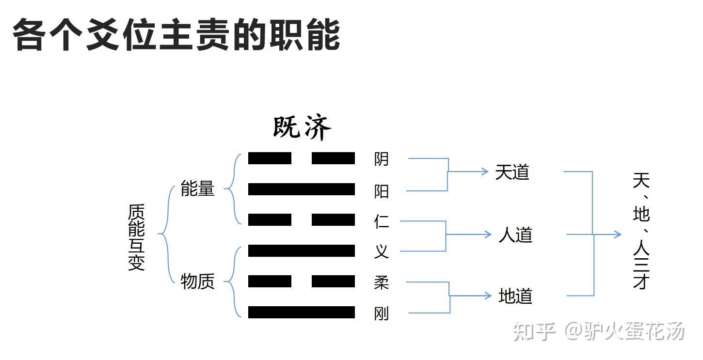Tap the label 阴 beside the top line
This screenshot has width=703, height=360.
(x=382, y=159)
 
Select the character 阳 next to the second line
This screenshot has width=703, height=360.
(x=382, y=191)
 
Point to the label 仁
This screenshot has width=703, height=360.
(x=382, y=221)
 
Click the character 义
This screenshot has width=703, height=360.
(x=382, y=251)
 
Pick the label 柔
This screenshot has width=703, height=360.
(x=382, y=282)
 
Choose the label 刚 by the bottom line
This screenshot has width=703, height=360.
(x=382, y=314)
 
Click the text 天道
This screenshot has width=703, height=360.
(x=512, y=172)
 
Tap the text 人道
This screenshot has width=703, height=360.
(x=515, y=235)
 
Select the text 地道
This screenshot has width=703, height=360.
(x=515, y=296)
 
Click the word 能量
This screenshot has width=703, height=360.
(x=197, y=188)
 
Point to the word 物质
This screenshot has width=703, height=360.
(x=197, y=281)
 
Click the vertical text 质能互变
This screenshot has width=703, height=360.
(x=136, y=237)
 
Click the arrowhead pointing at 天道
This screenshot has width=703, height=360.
(x=484, y=171)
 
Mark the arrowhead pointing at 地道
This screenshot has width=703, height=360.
(x=488, y=296)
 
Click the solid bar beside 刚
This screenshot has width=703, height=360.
(x=302, y=313)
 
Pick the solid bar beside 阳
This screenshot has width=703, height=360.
(x=302, y=189)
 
